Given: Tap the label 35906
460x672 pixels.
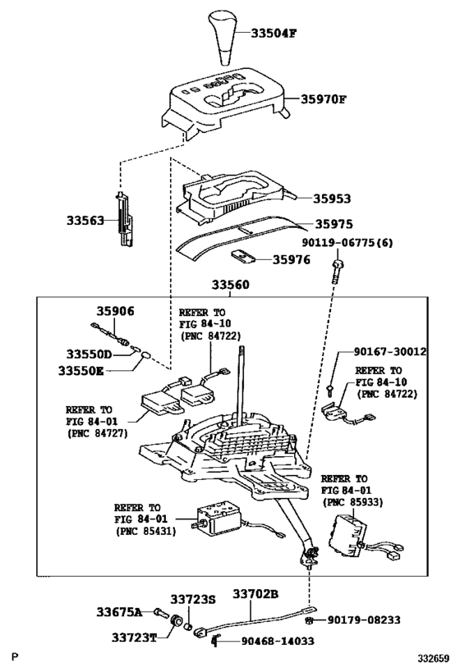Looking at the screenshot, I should [113, 312].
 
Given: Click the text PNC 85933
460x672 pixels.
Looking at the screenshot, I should [354, 500].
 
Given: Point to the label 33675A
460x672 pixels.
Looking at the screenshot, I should [119, 612].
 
